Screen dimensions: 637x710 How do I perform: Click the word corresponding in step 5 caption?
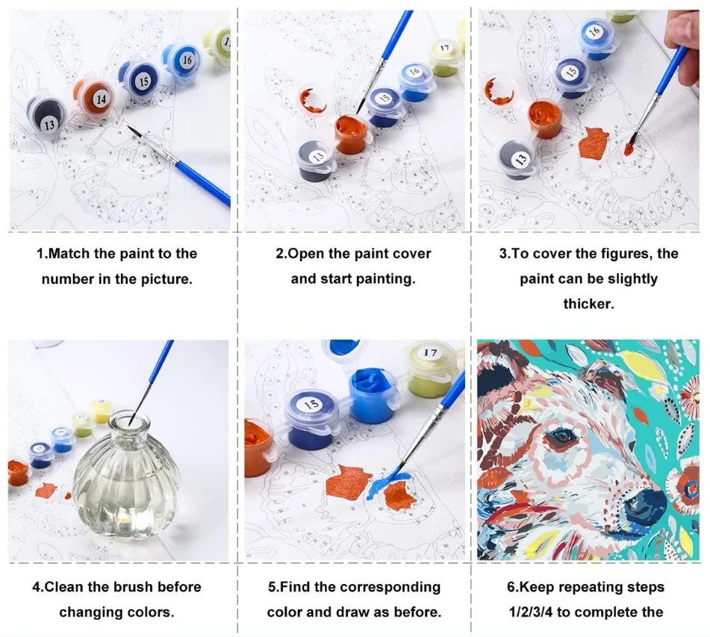tap(390, 587)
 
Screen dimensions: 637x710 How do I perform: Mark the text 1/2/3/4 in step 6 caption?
tap(533, 612)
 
